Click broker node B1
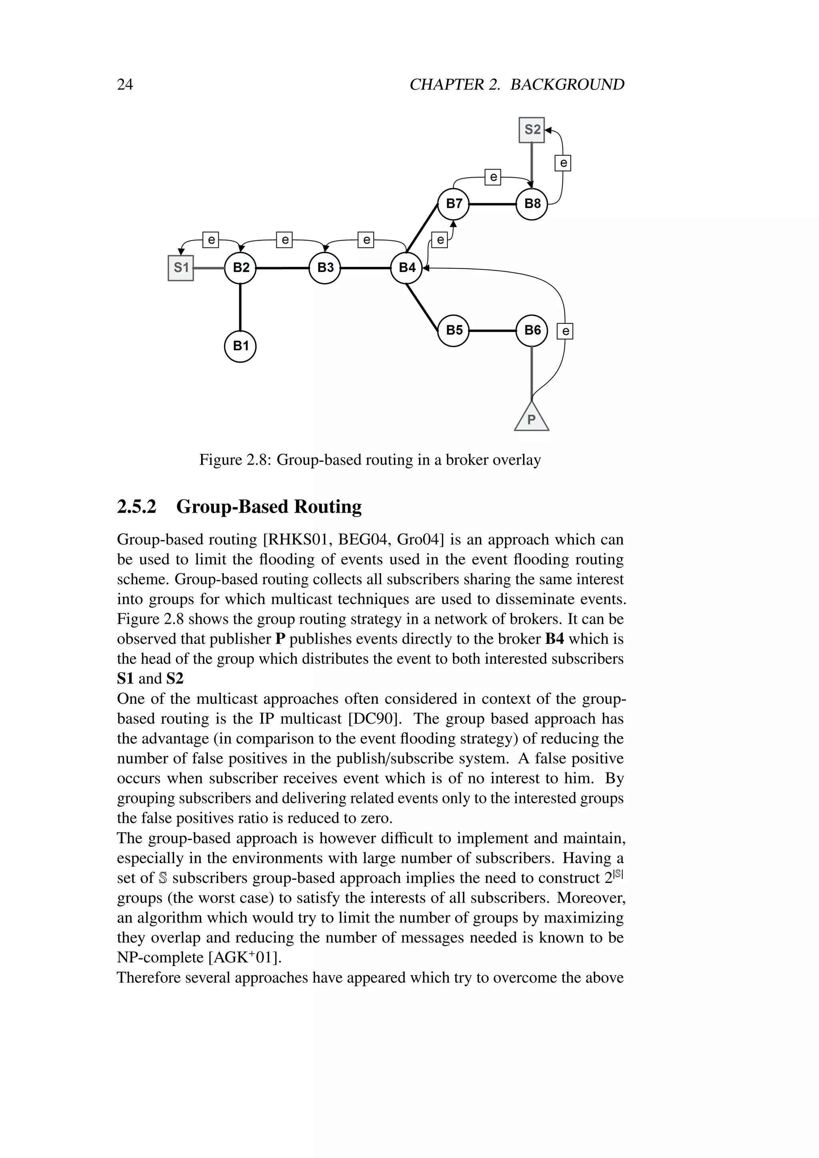click(240, 347)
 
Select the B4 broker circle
click(406, 268)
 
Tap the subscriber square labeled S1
click(180, 268)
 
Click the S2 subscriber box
click(531, 130)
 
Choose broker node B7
click(453, 204)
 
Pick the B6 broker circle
click(532, 331)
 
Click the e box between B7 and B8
click(493, 177)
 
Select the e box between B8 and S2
click(563, 163)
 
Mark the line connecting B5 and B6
click(493, 331)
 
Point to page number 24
click(125, 84)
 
